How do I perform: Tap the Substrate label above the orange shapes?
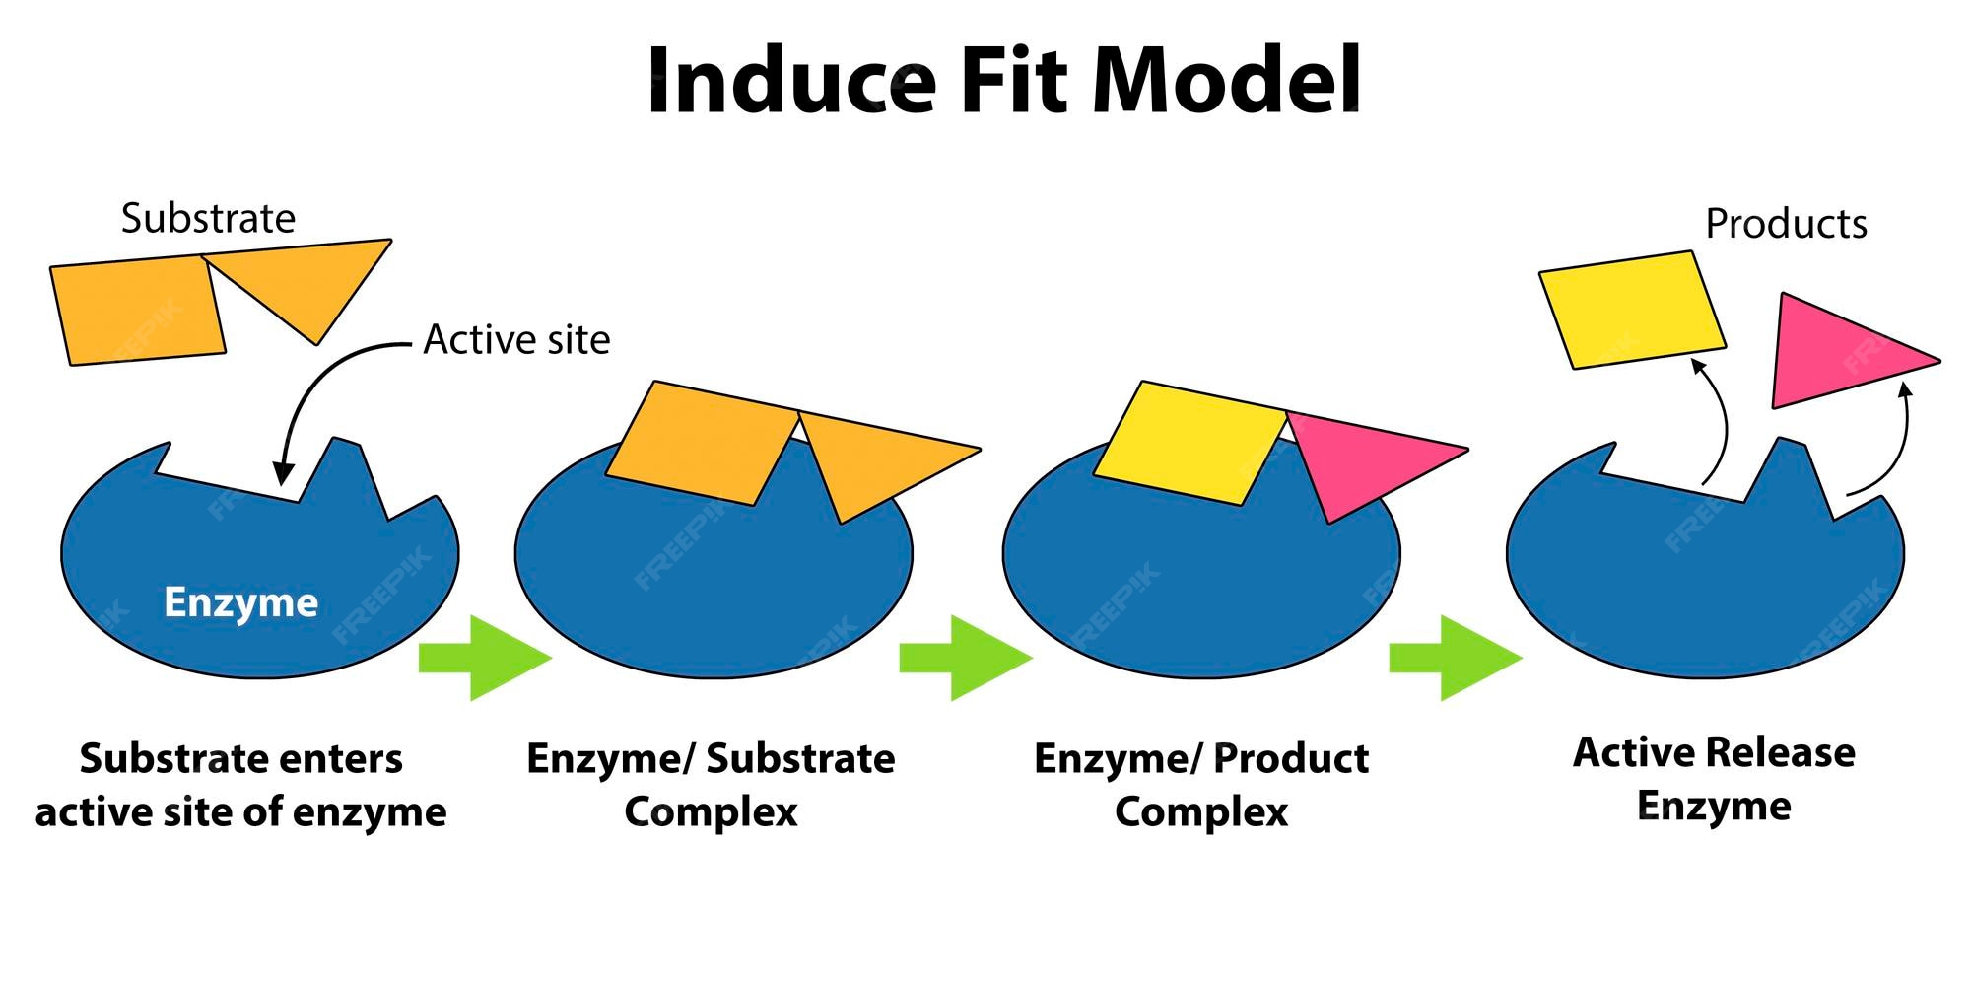coord(208,218)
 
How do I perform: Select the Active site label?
coord(516,340)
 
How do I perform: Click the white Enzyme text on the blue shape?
coord(240,602)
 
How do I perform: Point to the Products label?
coord(1786,224)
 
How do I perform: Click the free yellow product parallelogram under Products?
coord(1632,310)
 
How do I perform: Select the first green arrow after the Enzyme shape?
coord(484,658)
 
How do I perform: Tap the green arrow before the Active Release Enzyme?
coord(1455,658)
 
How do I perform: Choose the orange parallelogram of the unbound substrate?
coord(138,312)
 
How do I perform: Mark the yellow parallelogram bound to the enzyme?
coord(1188,442)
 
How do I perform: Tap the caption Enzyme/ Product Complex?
coord(1201,785)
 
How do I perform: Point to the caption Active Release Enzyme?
coord(1714,779)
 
